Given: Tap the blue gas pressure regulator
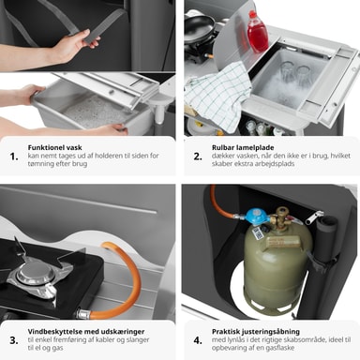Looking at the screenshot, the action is [255, 217].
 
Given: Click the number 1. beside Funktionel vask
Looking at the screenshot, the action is [14, 157].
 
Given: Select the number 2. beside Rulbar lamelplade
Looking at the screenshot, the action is [198, 157].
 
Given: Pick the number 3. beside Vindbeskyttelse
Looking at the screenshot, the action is [14, 340].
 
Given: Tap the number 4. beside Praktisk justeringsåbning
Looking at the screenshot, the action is [198, 340].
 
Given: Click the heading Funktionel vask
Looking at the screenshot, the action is [54, 147].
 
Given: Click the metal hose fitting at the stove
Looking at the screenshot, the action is [83, 313].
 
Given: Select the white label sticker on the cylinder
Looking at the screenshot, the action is [257, 233].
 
